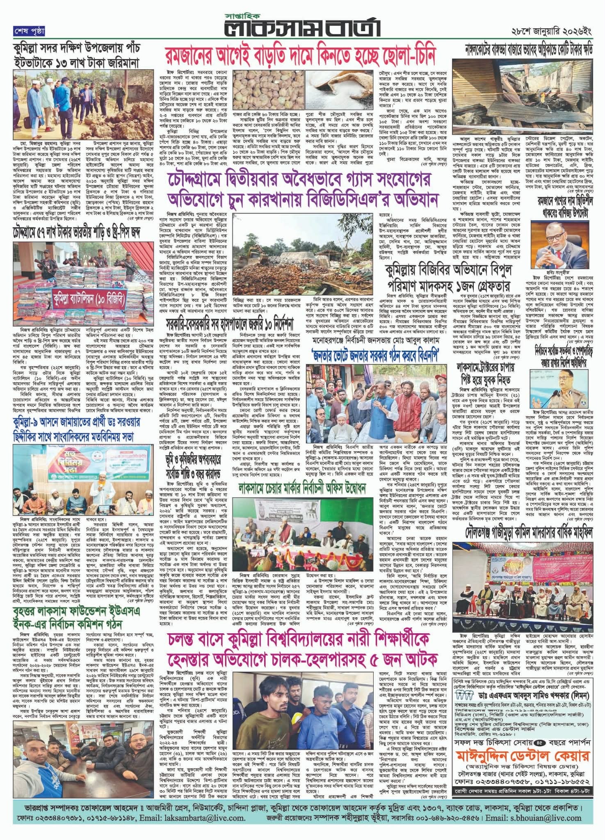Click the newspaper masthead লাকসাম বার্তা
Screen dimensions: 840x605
point(302,27)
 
